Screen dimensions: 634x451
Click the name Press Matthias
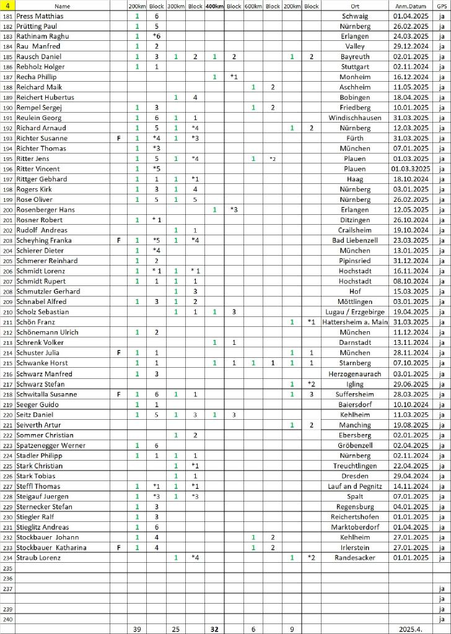[40, 16]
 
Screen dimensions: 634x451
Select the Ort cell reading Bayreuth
[355, 57]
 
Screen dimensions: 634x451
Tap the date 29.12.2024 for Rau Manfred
[409, 46]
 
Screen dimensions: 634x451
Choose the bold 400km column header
[214, 6]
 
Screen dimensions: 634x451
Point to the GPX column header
[441, 6]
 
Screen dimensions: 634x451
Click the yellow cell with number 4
[7, 6]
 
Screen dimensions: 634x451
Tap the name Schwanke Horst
[42, 363]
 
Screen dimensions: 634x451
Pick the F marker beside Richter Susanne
[118, 138]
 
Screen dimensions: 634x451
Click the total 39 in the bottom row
[137, 629]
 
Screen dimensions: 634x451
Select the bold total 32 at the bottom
[214, 629]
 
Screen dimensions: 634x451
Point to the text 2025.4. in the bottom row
[409, 629]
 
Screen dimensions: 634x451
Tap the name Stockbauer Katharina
[51, 547]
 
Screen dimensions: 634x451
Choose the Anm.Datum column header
[409, 6]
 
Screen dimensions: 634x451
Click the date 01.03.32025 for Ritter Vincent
[409, 169]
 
